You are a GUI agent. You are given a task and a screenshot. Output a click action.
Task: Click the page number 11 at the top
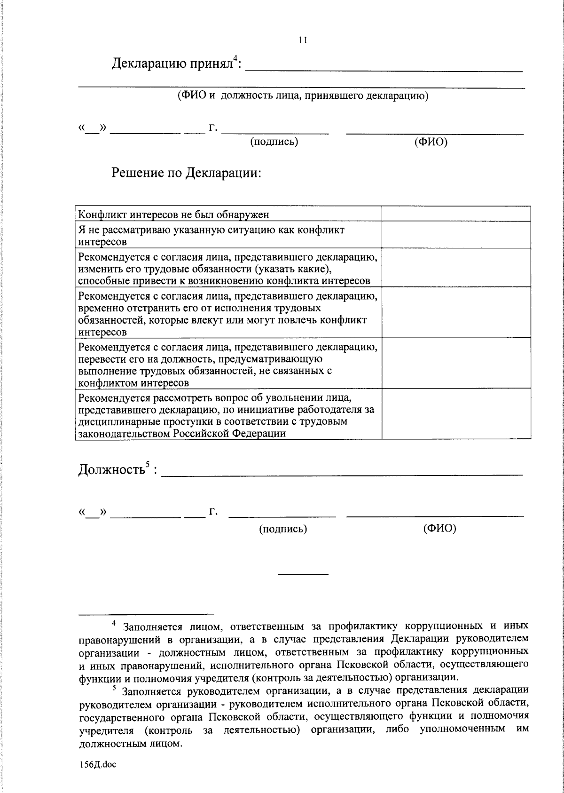tap(303, 40)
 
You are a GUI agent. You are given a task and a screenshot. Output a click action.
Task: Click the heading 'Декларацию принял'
tap(172, 63)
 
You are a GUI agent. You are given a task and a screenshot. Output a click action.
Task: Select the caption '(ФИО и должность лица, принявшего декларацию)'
tap(303, 96)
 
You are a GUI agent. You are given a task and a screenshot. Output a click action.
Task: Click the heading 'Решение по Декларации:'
tap(186, 173)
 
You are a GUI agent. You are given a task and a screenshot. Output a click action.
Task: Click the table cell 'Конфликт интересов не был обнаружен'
tap(173, 215)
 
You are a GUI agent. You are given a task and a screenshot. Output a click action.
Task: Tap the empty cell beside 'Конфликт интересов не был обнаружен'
tap(456, 214)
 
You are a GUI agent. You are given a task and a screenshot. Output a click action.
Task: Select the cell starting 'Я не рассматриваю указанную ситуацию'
tap(211, 235)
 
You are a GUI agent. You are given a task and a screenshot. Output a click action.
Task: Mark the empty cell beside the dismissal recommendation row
tap(456, 413)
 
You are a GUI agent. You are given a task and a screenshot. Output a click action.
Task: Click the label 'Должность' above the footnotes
tap(111, 470)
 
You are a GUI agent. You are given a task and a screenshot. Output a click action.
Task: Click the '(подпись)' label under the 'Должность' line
tap(283, 529)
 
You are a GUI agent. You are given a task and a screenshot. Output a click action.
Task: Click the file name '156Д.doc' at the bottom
tap(97, 764)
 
